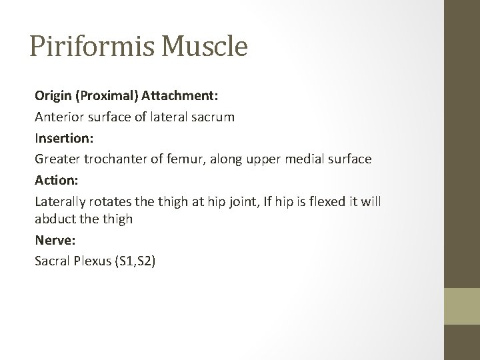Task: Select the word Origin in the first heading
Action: pyautogui.click(x=54, y=95)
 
